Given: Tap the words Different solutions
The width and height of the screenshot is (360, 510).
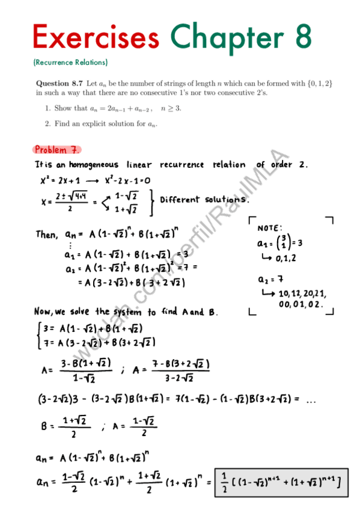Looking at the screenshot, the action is pos(204,200).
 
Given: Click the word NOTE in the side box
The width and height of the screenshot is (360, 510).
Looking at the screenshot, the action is pos(269,229).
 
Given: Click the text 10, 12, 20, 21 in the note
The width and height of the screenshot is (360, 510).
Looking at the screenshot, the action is pos(303,293).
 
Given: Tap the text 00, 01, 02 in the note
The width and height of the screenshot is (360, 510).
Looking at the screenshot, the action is pos(301,305).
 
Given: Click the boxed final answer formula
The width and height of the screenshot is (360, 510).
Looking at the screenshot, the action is pos(279,482).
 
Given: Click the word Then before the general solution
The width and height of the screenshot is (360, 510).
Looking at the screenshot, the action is pos(46,235).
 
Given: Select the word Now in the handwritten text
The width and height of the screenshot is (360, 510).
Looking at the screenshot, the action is pos(43,312).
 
